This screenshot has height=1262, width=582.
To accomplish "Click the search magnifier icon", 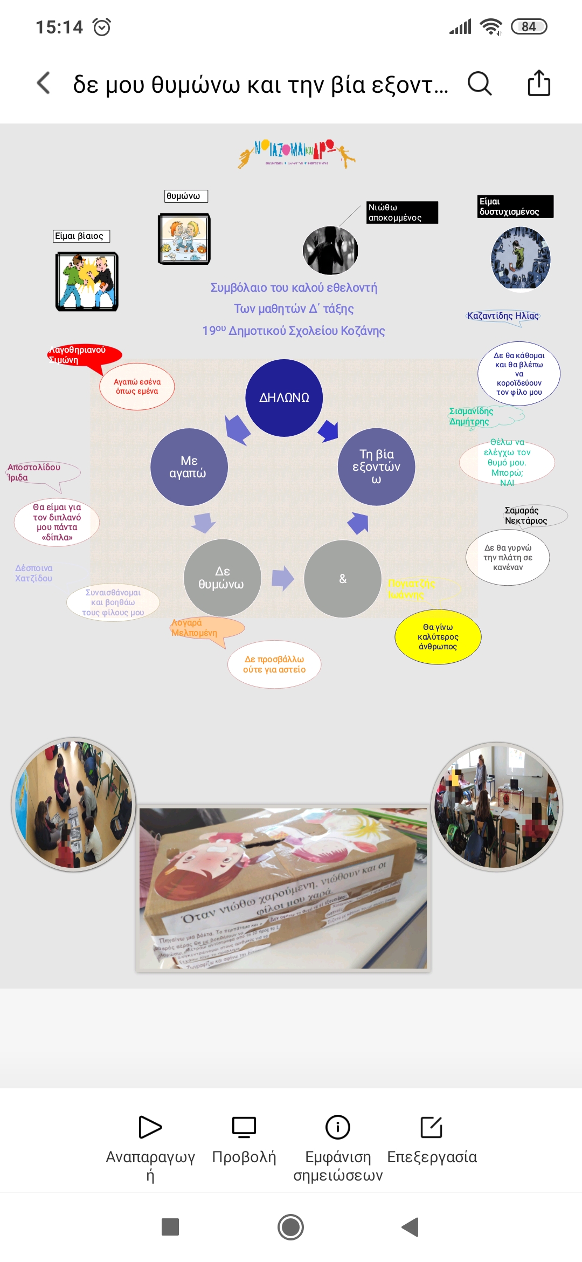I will pos(479,84).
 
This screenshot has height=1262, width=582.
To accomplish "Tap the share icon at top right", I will pos(539,83).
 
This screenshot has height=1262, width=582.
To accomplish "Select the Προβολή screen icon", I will pos(244,1127).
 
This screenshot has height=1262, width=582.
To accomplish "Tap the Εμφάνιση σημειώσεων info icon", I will pos(338,1127).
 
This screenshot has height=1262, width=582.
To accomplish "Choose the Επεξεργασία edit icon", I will pos(432,1127).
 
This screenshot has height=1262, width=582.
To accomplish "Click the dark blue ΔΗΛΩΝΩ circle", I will pos(284,398).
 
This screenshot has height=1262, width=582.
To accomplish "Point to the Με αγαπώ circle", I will pos(189,467).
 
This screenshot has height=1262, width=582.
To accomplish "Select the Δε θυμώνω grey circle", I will pos(222,578).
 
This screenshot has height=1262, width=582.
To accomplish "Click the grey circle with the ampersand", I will pos(343,579).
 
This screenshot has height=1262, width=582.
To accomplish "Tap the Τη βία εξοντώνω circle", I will pos(376,467).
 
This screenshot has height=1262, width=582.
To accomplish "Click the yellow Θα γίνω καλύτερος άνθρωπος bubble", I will pos(438,637).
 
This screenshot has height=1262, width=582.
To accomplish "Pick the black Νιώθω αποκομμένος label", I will pos(402,212).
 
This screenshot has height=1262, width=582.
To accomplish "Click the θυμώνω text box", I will pos(186,196).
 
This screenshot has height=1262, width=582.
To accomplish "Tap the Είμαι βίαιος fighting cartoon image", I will pos(87,282).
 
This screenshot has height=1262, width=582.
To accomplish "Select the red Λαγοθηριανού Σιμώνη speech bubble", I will pos(84,355).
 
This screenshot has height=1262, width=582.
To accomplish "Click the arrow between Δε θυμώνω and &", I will pos(283,579).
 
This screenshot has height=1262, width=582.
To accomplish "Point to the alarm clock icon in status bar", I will pos(102,27).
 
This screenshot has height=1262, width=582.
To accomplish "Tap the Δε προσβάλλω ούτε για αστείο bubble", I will pos(274,664).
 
